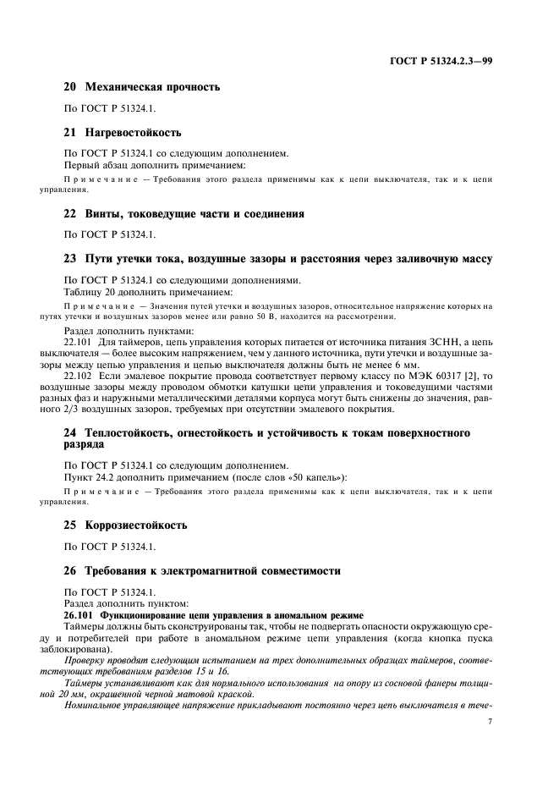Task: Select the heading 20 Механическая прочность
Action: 142,87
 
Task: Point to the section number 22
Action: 70,214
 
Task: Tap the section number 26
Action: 70,571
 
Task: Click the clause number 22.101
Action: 82,341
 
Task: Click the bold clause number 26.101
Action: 83,614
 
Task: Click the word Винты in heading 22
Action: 106,214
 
